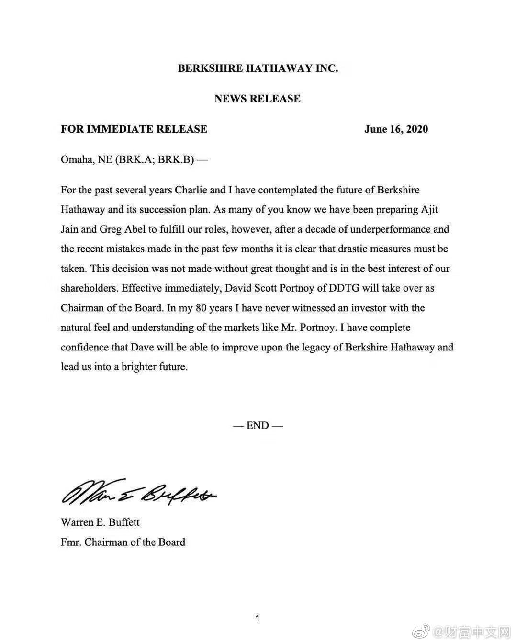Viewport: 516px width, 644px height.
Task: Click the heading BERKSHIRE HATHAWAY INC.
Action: pyautogui.click(x=258, y=68)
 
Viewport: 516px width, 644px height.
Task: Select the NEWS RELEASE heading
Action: pyautogui.click(x=258, y=99)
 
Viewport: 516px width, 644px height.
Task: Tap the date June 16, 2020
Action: pyautogui.click(x=396, y=129)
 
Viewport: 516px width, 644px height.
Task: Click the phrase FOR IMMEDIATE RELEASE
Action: pyautogui.click(x=134, y=129)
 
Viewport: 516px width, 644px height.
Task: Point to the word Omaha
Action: pyautogui.click(x=76, y=160)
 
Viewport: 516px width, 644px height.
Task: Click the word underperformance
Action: pyautogui.click(x=391, y=229)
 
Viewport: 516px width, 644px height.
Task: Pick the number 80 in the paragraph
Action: pyautogui.click(x=201, y=308)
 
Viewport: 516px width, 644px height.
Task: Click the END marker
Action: pyautogui.click(x=258, y=425)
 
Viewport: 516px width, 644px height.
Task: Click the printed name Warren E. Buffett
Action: pyautogui.click(x=100, y=522)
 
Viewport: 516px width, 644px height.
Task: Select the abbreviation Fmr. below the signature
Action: pyautogui.click(x=71, y=542)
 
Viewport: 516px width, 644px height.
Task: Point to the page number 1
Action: pyautogui.click(x=258, y=618)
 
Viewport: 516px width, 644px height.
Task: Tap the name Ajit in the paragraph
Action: pyautogui.click(x=429, y=210)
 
